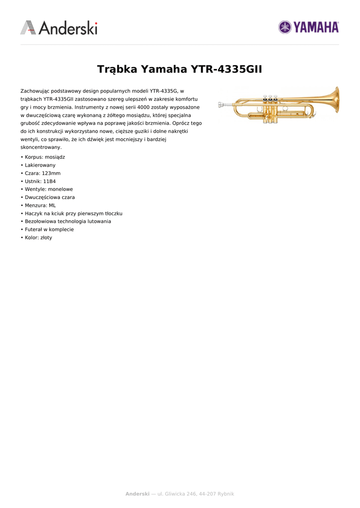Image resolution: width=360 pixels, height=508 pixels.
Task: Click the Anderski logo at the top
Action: (x=59, y=28)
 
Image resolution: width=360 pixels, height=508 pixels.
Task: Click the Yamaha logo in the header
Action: (x=308, y=27)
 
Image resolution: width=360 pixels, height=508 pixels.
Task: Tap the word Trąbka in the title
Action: (x=117, y=69)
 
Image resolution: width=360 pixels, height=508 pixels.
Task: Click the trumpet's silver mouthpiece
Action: (x=223, y=105)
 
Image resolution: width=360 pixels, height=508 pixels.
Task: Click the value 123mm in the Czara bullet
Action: (x=51, y=173)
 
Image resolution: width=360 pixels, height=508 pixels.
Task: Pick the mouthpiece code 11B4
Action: (x=49, y=181)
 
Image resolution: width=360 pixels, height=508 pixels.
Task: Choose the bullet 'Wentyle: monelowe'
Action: (x=49, y=189)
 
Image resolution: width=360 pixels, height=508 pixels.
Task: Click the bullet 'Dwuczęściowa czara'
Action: (x=50, y=197)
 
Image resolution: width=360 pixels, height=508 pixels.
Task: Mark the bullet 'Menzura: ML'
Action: (x=40, y=205)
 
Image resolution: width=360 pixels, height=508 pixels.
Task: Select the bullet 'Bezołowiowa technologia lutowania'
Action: (x=68, y=221)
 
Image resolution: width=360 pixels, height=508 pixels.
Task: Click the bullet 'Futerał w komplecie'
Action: (x=49, y=229)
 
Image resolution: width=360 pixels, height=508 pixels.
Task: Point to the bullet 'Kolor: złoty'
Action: (x=38, y=238)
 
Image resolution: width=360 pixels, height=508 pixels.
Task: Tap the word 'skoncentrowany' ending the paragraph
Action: (x=41, y=147)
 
